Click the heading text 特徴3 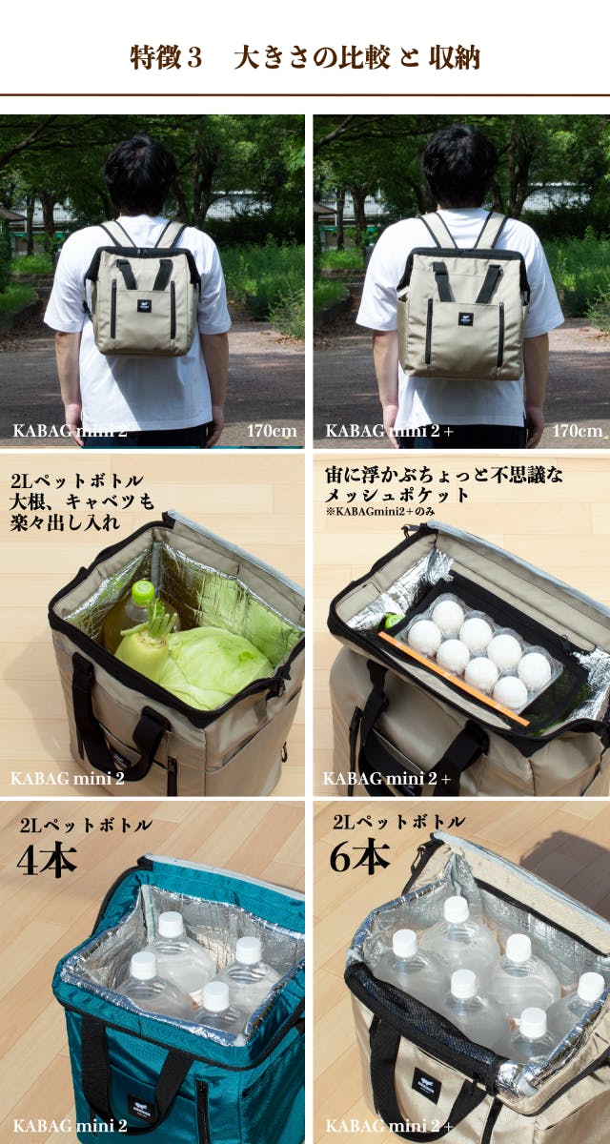pyautogui.click(x=166, y=57)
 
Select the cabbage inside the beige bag pyautogui.click(x=217, y=666)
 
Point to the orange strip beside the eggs pyautogui.click(x=455, y=679)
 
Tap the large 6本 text pyautogui.click(x=360, y=856)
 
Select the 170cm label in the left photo pyautogui.click(x=272, y=431)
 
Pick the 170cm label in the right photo pyautogui.click(x=578, y=431)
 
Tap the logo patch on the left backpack pyautogui.click(x=142, y=305)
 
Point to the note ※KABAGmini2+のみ pyautogui.click(x=379, y=511)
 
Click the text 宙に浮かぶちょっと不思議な pyautogui.click(x=444, y=475)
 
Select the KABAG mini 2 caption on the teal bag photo pyautogui.click(x=70, y=1125)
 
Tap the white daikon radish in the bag pyautogui.click(x=143, y=643)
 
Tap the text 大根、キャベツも pyautogui.click(x=82, y=501)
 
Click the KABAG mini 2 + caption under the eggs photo pyautogui.click(x=387, y=778)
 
